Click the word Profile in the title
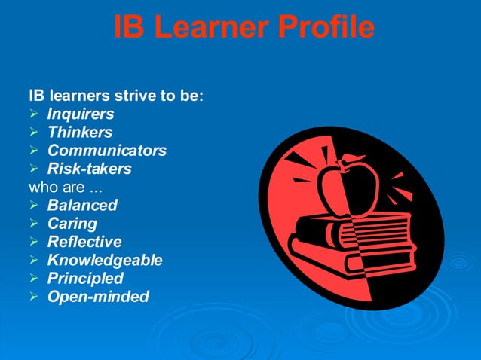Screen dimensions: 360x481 pyautogui.click(x=326, y=28)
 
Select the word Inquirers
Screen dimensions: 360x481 pyautogui.click(x=81, y=114)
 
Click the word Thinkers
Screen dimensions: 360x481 pyautogui.click(x=80, y=133)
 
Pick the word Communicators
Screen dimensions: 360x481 pyautogui.click(x=107, y=151)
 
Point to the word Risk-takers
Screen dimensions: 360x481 pyautogui.click(x=89, y=169)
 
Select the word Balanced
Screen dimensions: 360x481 pyautogui.click(x=82, y=205)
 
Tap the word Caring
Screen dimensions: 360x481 pyautogui.click(x=72, y=224)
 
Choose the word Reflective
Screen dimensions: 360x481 pyautogui.click(x=84, y=242)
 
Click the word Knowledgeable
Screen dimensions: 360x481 pyautogui.click(x=105, y=261)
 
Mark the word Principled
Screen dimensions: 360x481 pyautogui.click(x=85, y=279)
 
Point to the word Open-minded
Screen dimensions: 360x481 pyautogui.click(x=98, y=297)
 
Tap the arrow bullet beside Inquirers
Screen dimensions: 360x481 pyautogui.click(x=33, y=114)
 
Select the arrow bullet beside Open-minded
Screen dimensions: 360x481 pyautogui.click(x=33, y=297)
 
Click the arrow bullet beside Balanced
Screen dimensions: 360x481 pyautogui.click(x=33, y=205)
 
